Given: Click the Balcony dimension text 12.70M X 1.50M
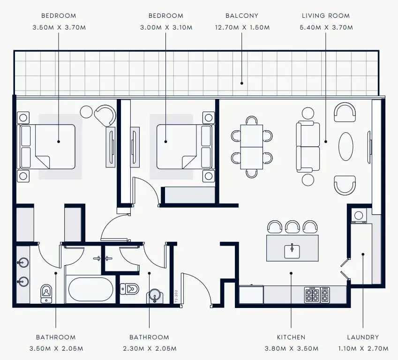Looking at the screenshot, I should [241, 27].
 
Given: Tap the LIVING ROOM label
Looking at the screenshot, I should [326, 15].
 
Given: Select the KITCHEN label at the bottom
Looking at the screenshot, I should [291, 337].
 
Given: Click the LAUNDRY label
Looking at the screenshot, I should [363, 337].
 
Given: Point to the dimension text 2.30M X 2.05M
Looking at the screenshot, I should [149, 349].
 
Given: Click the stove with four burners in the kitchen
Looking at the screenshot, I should [312, 295].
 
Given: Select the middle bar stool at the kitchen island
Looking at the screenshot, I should [293, 227].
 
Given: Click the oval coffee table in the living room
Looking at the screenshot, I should [347, 146].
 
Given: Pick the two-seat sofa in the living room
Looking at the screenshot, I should [308, 147].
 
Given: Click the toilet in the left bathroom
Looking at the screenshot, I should [46, 292].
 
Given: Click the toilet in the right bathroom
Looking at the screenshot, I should [129, 288].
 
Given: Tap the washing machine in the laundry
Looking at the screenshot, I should [359, 216].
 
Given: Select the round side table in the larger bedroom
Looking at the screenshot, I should [86, 112].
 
